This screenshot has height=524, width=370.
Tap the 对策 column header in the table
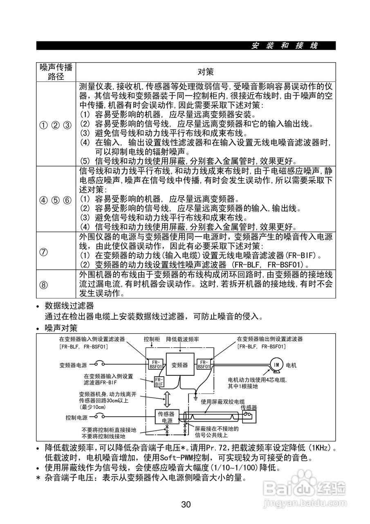(205, 72)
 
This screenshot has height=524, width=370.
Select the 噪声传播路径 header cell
(56, 72)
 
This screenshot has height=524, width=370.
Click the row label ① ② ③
(56, 124)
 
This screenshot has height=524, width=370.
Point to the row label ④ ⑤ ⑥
(56, 200)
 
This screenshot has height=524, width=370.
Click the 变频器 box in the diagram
(179, 365)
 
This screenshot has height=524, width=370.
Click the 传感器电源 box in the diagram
(166, 417)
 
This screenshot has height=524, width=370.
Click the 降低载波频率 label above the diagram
(183, 340)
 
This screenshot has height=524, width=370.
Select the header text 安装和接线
(285, 45)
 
